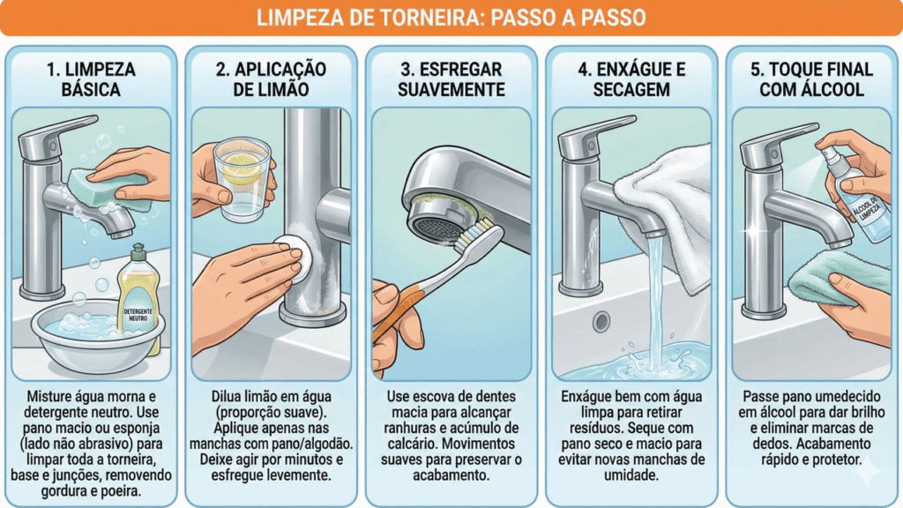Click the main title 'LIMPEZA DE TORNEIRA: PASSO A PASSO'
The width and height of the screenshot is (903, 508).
coord(451,18)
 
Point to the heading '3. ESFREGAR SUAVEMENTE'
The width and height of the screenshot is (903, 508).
coord(451,79)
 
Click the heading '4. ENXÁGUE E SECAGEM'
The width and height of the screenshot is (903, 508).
coord(631,79)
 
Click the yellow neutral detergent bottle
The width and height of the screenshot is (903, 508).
coord(139,295)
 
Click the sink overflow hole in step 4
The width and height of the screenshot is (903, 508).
coord(602,320)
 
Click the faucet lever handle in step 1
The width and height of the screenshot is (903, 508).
coord(53,143)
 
